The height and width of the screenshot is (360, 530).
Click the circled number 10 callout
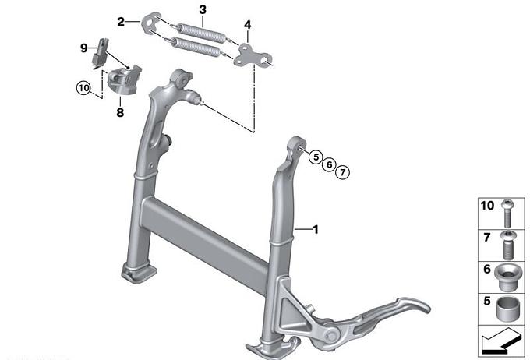pos(83,88)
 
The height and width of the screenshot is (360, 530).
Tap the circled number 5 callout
pos(316,157)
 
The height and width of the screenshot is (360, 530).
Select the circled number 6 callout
pos(329,164)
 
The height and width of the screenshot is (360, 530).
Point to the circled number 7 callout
pos(343,172)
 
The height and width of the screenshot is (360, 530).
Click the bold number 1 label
pos(316,230)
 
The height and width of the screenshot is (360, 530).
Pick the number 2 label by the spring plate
pos(121,22)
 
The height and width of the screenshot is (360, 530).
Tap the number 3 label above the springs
pos(203,10)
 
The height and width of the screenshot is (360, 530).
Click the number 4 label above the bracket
pos(248,25)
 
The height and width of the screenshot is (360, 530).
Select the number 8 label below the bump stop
pos(120,112)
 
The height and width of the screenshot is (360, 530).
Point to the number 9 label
pos(84,48)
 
